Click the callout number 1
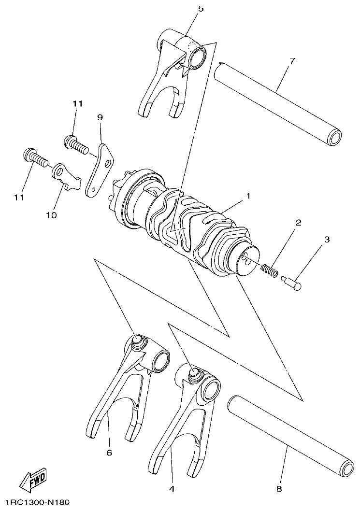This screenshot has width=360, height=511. pos(248,196)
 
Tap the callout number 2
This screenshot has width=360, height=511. pos(298,223)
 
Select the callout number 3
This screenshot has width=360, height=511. pos(327,240)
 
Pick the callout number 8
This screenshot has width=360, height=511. pos(279,488)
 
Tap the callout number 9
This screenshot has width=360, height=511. pos(100,117)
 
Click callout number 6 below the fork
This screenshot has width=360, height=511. pos(109,453)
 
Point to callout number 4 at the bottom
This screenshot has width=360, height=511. pos(171,488)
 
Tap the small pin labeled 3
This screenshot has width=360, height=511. pos(292,282)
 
